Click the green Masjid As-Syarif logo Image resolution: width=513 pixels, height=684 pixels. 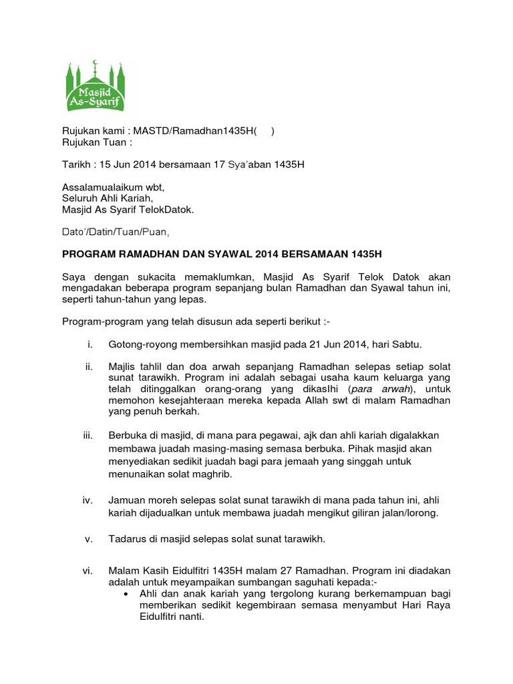pos(96,85)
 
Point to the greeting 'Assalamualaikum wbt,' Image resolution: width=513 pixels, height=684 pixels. pos(113,187)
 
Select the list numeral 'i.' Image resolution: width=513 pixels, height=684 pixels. pos(89,344)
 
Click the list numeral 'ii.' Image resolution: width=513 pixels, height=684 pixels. pos(88,367)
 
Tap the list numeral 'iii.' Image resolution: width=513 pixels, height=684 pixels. pos(87,435)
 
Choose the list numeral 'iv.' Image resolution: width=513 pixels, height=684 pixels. pos(87,500)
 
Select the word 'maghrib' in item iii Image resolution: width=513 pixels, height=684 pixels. pos(240,474)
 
